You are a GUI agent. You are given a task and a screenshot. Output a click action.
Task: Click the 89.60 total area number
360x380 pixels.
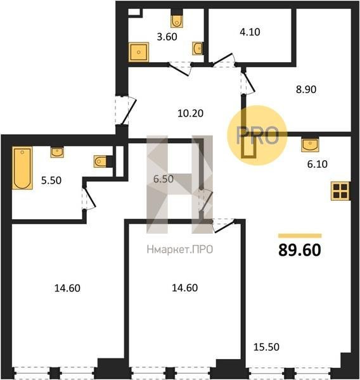pos(300,250)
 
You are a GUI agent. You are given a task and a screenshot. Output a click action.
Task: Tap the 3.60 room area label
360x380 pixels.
pos(167,37)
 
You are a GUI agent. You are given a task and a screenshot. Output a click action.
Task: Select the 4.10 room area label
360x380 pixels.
pos(250,32)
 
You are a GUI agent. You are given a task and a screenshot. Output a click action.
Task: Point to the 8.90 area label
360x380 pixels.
pos(306,89)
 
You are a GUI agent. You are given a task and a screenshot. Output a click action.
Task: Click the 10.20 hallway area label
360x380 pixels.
pos(190,113)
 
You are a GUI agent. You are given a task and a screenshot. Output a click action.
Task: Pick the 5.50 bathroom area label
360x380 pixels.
pos(51,180)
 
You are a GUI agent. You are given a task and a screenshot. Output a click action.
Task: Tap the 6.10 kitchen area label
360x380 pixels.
pos(318,164)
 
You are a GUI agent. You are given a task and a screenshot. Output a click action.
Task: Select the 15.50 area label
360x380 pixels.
pos(266,347)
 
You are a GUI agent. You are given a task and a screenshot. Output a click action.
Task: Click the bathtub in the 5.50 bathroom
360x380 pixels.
pos(22,168)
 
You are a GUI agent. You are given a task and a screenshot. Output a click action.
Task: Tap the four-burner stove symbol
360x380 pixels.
pos(340,191)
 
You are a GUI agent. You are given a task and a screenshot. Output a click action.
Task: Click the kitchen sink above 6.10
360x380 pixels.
pos(310,144)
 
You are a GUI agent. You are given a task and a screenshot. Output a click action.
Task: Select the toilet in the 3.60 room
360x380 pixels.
pos(177,21)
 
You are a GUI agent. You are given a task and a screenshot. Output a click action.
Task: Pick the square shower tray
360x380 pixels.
pos(139,52)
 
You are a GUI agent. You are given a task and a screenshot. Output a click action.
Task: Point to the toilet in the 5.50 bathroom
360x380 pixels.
pos(100,161)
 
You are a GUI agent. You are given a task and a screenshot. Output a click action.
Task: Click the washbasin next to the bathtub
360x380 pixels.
pos(57,152)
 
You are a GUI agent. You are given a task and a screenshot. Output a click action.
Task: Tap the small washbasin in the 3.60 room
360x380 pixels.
pos(198,49)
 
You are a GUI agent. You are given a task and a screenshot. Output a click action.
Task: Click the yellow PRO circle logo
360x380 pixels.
pos(257,136)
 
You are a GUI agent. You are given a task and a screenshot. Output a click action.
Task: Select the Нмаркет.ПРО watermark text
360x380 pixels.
pos(180,250)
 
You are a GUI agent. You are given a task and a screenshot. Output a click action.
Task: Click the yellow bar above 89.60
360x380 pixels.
pos(300,236)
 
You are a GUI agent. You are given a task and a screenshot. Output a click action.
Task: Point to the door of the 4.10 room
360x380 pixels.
pos(222,59)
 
